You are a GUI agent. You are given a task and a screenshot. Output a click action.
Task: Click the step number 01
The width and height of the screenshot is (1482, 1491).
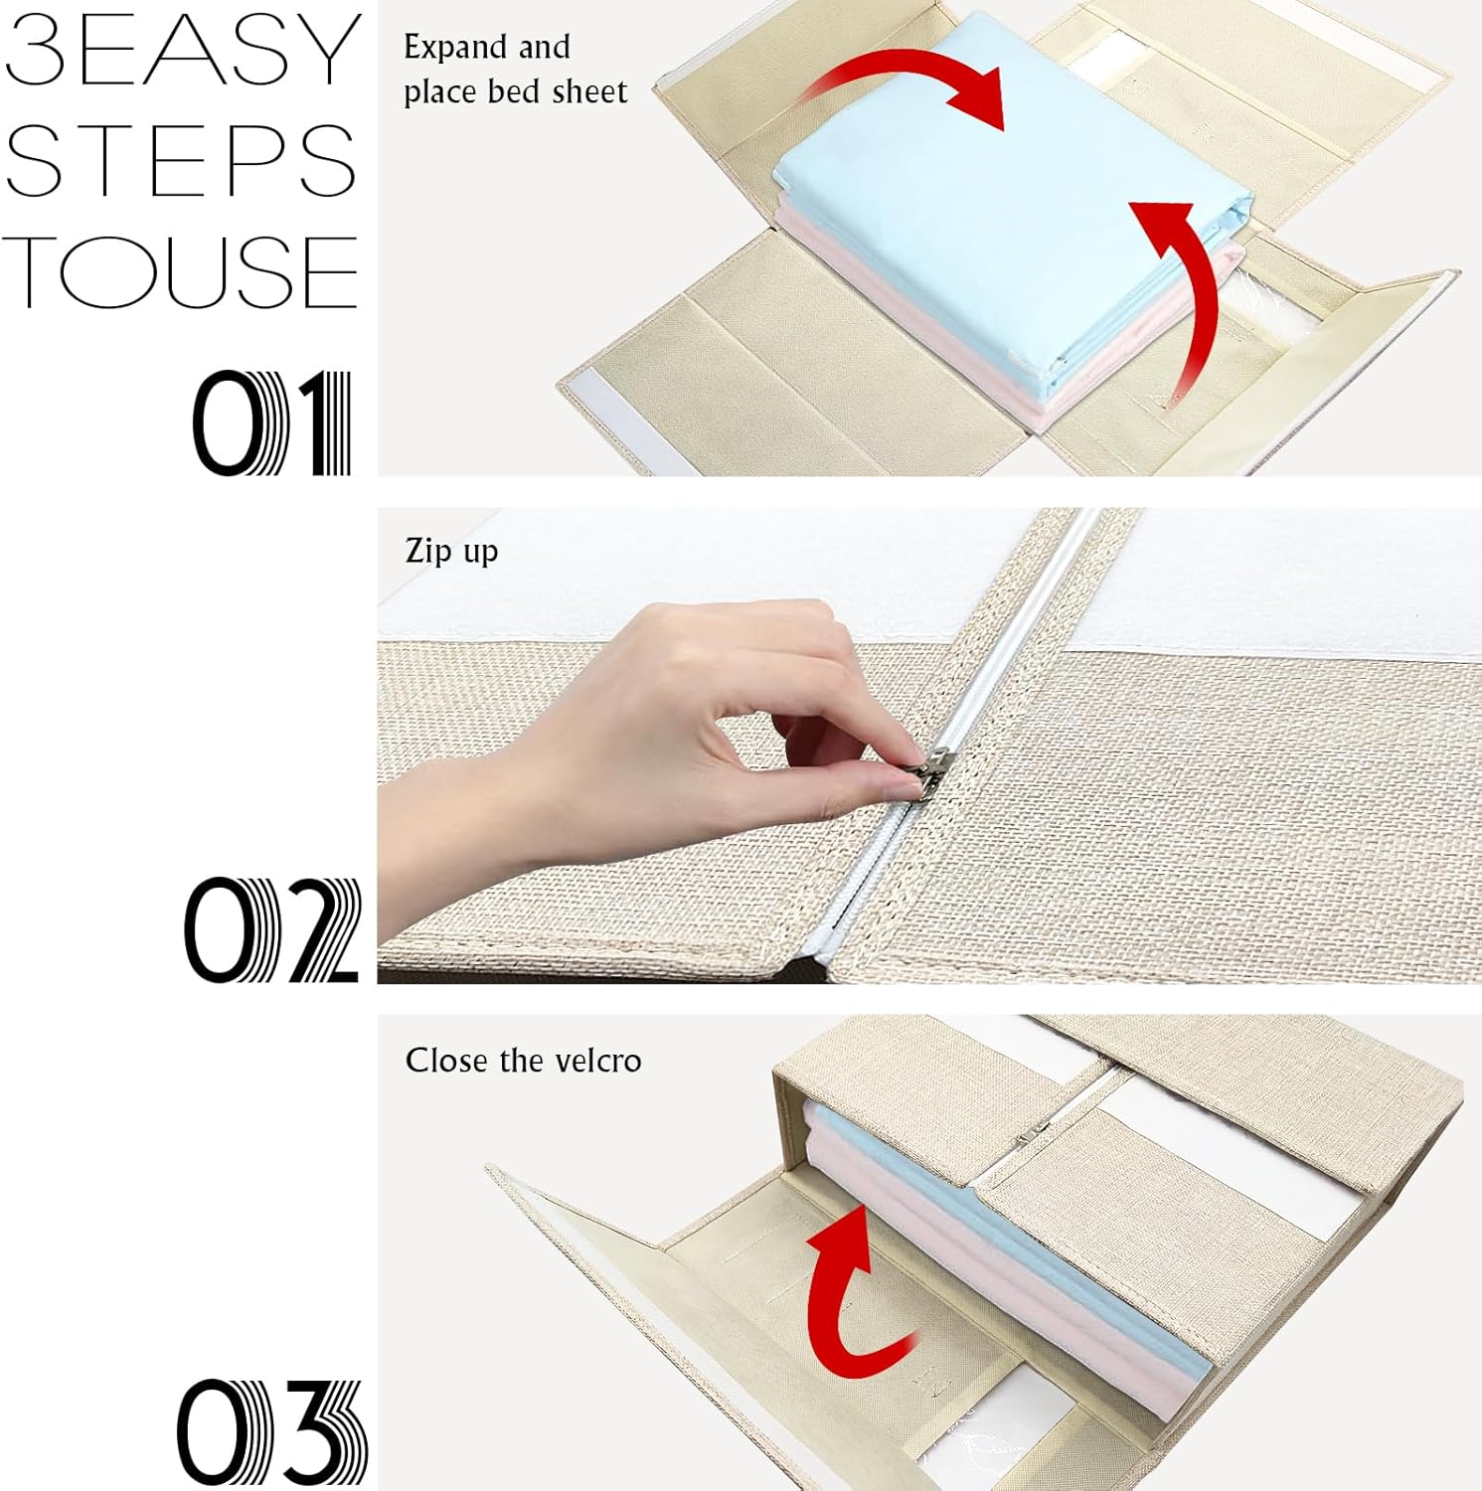272,423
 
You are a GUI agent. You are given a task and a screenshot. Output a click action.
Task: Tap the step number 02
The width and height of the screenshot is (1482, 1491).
271,930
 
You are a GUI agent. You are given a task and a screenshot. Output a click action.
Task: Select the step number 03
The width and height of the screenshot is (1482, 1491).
271,1432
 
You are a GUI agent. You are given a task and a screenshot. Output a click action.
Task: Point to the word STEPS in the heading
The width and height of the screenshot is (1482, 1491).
180,160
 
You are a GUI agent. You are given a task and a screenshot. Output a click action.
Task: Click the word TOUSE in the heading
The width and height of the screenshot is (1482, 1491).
180,271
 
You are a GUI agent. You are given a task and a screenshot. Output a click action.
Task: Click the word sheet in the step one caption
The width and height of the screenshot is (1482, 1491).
590,91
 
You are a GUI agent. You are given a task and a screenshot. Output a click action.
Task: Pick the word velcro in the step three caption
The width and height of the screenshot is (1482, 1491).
598,1061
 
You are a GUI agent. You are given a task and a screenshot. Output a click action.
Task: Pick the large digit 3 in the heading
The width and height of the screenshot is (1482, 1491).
37,49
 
